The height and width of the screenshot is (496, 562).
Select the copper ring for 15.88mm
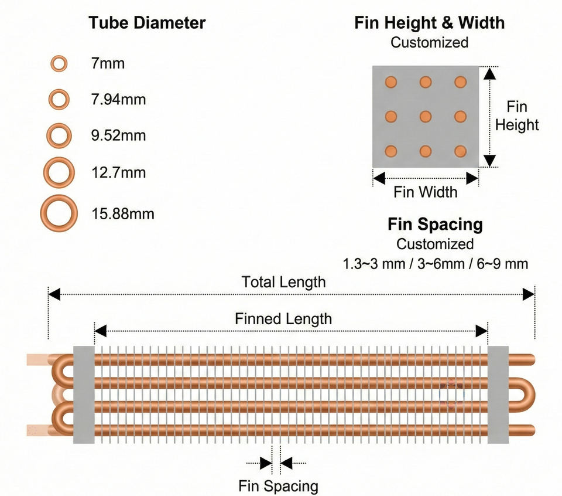[x=43, y=213]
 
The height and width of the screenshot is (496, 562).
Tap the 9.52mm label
[x=118, y=135]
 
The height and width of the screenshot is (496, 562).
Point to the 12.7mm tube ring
[x=46, y=172]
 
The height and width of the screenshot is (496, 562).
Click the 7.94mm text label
[x=118, y=100]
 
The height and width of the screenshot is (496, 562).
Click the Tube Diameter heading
[x=147, y=23]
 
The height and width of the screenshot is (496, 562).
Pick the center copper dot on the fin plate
[x=426, y=117]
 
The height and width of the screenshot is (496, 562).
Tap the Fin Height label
[x=517, y=116]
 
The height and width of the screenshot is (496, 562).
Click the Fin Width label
[x=426, y=192]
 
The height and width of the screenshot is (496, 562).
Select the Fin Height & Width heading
[x=429, y=23]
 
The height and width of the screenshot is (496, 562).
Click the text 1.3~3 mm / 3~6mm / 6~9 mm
[x=436, y=264]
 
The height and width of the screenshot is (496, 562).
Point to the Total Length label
[x=283, y=282]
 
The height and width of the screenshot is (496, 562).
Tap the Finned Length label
[x=283, y=319]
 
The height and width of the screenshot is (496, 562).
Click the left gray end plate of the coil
[x=84, y=395]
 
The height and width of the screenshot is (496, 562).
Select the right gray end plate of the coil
[x=498, y=395]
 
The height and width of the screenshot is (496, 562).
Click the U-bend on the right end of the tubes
[x=532, y=395]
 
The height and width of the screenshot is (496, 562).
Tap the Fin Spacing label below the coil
[x=279, y=486]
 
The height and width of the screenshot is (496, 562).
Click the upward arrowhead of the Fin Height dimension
[x=489, y=73]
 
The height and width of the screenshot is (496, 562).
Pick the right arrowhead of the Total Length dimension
[x=528, y=294]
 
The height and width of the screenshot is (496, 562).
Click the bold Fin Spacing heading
[x=435, y=225]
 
